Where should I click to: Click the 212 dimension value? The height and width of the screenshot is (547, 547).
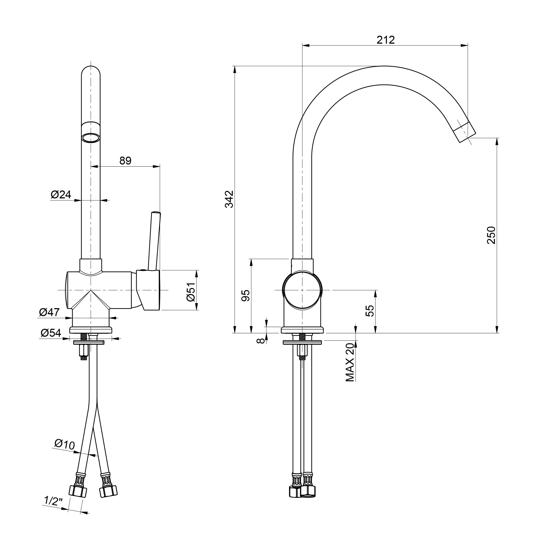click(385, 40)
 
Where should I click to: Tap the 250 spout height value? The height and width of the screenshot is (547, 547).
click(491, 235)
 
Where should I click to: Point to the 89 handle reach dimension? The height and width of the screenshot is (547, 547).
click(125, 161)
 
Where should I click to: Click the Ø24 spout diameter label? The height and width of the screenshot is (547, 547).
click(61, 194)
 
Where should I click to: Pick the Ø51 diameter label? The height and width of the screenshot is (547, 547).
click(192, 292)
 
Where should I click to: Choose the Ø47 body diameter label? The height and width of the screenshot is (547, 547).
click(49, 312)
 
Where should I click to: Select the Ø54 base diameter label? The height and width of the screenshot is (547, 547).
click(51, 333)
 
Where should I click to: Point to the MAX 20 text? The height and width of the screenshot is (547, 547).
click(350, 362)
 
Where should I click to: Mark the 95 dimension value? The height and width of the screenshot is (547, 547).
click(246, 295)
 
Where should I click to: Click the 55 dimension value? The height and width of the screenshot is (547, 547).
click(370, 311)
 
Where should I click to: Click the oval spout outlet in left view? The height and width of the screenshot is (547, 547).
click(91, 138)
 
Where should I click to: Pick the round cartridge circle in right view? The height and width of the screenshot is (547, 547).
click(302, 290)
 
